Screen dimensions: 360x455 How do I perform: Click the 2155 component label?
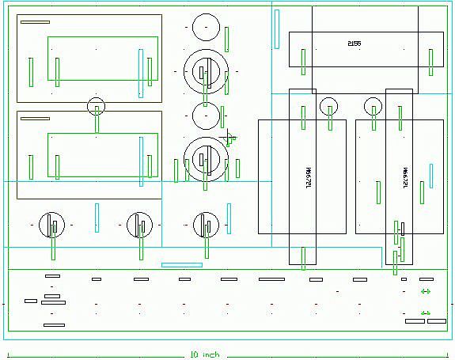pyautogui.click(x=354, y=42)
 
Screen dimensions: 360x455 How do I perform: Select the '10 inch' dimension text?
pyautogui.click(x=205, y=354)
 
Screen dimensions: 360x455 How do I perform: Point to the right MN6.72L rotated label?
pyautogui.click(x=404, y=176)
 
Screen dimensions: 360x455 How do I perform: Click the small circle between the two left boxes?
pyautogui.click(x=96, y=105)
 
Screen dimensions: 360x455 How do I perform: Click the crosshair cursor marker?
pyautogui.click(x=230, y=139)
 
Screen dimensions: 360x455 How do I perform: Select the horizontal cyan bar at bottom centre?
pyautogui.click(x=182, y=264)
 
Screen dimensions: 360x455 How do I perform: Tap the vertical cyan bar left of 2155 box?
pyautogui.click(x=277, y=28)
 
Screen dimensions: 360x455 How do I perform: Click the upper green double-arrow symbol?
pyautogui.click(x=426, y=292)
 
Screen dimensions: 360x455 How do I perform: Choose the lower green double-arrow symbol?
pyautogui.click(x=426, y=313)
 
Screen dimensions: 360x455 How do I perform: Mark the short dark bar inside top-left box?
pyautogui.click(x=35, y=22)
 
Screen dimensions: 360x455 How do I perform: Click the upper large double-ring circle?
pyautogui.click(x=205, y=70)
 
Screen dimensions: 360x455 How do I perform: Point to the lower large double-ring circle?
pyautogui.click(x=205, y=157)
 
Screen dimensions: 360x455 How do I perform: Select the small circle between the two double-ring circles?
pyautogui.click(x=205, y=116)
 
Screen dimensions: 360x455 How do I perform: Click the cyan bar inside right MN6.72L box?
pyautogui.click(x=430, y=176)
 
